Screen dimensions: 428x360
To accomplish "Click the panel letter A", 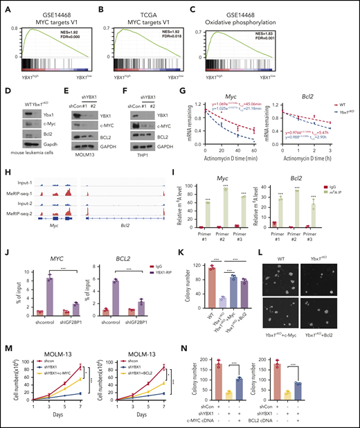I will point(6,6).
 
